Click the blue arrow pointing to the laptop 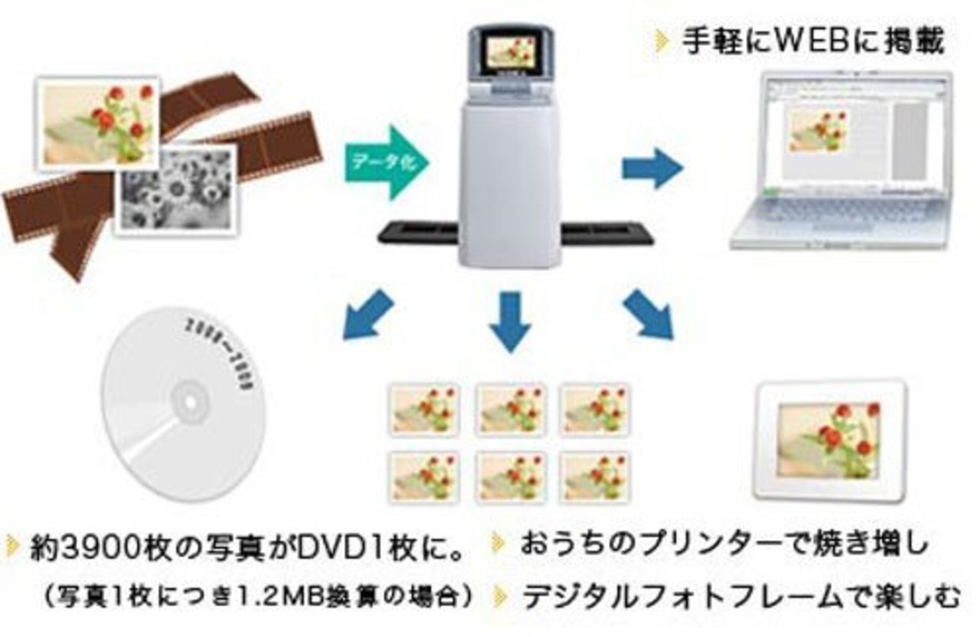[x=652, y=168]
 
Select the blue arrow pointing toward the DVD [x=367, y=315]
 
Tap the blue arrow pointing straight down [x=510, y=319]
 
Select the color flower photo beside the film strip [x=98, y=122]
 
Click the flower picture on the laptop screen [x=818, y=129]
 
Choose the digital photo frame [x=831, y=439]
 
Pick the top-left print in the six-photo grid [x=423, y=410]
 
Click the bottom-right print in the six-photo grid [x=594, y=477]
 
